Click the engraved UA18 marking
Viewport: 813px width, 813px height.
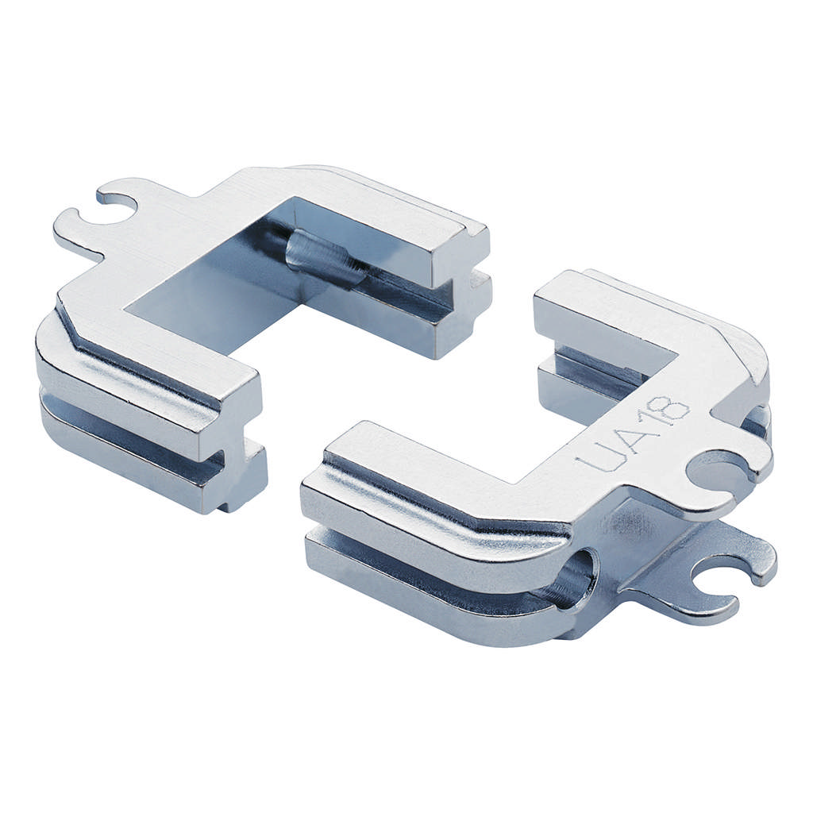[x=632, y=434]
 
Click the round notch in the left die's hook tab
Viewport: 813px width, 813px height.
[x=118, y=209]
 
